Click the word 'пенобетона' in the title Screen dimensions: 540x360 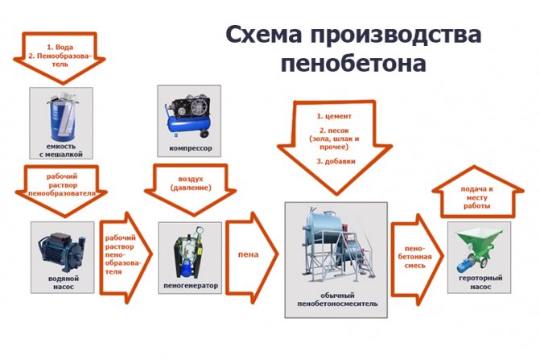[x=353, y=63]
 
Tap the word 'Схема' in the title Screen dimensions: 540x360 [x=264, y=34]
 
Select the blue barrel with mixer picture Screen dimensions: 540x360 [x=62, y=117]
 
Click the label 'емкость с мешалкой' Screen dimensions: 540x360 [x=61, y=151]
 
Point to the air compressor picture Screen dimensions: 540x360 [x=189, y=115]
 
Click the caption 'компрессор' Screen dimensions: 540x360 [x=191, y=148]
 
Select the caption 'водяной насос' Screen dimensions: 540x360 [x=64, y=283]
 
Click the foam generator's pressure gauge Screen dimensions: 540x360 [x=199, y=230]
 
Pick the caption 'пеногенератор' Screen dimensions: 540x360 [x=191, y=286]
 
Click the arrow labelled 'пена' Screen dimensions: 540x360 [x=252, y=258]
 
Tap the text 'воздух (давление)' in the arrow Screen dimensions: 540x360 [x=191, y=184]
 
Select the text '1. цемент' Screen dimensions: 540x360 [x=334, y=116]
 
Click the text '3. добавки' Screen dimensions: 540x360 [x=336, y=161]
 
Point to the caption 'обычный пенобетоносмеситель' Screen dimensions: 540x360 [x=337, y=300]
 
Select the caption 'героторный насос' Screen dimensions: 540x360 [x=480, y=282]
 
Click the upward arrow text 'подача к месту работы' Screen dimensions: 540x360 [x=476, y=198]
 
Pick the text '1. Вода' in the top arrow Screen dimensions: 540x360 [x=60, y=48]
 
